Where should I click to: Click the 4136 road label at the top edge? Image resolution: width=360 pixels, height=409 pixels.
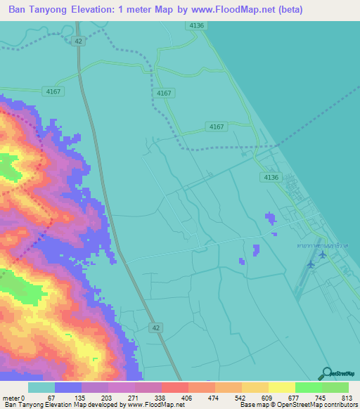point(197,25)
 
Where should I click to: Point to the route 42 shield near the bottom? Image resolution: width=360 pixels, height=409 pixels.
point(156,327)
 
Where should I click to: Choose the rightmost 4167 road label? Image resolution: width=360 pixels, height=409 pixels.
point(217,126)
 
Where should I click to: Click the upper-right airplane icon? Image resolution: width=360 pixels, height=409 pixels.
point(322,254)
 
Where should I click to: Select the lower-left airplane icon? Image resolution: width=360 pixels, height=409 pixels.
point(311,264)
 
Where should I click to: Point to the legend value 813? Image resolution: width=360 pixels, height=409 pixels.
point(347,397)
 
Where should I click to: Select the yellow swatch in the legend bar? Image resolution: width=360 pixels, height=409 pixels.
point(255,387)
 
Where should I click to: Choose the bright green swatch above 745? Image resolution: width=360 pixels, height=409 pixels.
point(308,387)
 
